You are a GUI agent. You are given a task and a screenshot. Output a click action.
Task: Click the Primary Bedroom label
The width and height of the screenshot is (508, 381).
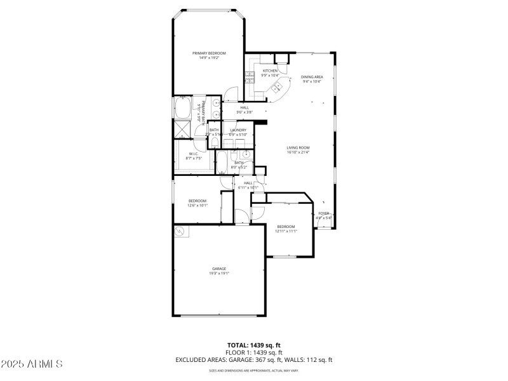(x=209, y=53)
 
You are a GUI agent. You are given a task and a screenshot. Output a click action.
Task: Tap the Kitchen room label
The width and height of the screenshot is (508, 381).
(x=271, y=71)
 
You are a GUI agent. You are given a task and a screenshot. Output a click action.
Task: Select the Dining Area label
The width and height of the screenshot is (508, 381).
(x=311, y=77)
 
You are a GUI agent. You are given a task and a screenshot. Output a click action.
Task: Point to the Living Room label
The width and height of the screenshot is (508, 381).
(x=297, y=147)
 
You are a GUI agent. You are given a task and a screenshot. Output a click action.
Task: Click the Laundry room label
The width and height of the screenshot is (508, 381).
(x=237, y=130)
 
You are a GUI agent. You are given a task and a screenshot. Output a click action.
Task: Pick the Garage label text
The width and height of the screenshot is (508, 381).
(x=218, y=269)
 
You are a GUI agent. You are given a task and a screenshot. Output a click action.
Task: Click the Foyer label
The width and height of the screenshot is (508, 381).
(x=324, y=213)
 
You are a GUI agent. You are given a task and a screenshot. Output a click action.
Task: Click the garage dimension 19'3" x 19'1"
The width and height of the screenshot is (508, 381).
(x=218, y=274)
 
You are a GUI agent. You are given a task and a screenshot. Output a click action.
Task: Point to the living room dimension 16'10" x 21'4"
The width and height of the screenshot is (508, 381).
(x=297, y=152)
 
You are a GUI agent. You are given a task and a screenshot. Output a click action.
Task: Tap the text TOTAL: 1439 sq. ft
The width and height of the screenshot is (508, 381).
(x=254, y=345)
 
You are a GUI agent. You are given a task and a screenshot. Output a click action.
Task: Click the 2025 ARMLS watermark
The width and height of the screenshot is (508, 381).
(x=32, y=364)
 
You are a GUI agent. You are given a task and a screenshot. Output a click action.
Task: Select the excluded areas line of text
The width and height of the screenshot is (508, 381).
(x=254, y=360)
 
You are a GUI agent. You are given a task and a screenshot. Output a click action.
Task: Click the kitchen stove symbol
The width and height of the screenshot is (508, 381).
(x=250, y=78)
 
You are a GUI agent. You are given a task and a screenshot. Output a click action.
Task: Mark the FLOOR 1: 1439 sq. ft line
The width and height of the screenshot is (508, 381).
(x=254, y=352)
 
